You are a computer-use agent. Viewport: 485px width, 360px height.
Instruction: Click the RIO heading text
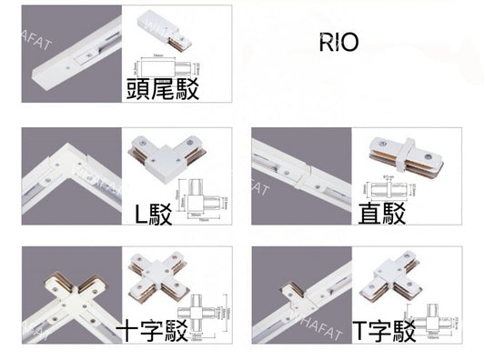339,43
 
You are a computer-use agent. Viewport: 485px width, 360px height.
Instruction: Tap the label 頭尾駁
165,88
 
